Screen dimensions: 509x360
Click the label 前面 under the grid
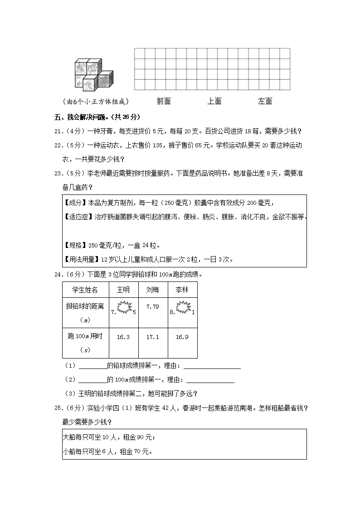[x=164, y=102]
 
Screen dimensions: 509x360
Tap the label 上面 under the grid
[x=214, y=102]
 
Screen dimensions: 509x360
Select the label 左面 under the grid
[x=265, y=102]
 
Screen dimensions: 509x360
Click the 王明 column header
[x=123, y=290]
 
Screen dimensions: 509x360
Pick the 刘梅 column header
[x=153, y=290]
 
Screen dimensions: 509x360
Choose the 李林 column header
[x=182, y=290]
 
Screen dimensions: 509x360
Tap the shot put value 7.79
[x=153, y=307]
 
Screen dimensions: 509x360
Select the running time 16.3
[x=123, y=337]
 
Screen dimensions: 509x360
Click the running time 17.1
[x=153, y=337]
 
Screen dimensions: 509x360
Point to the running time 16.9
[x=182, y=337]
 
